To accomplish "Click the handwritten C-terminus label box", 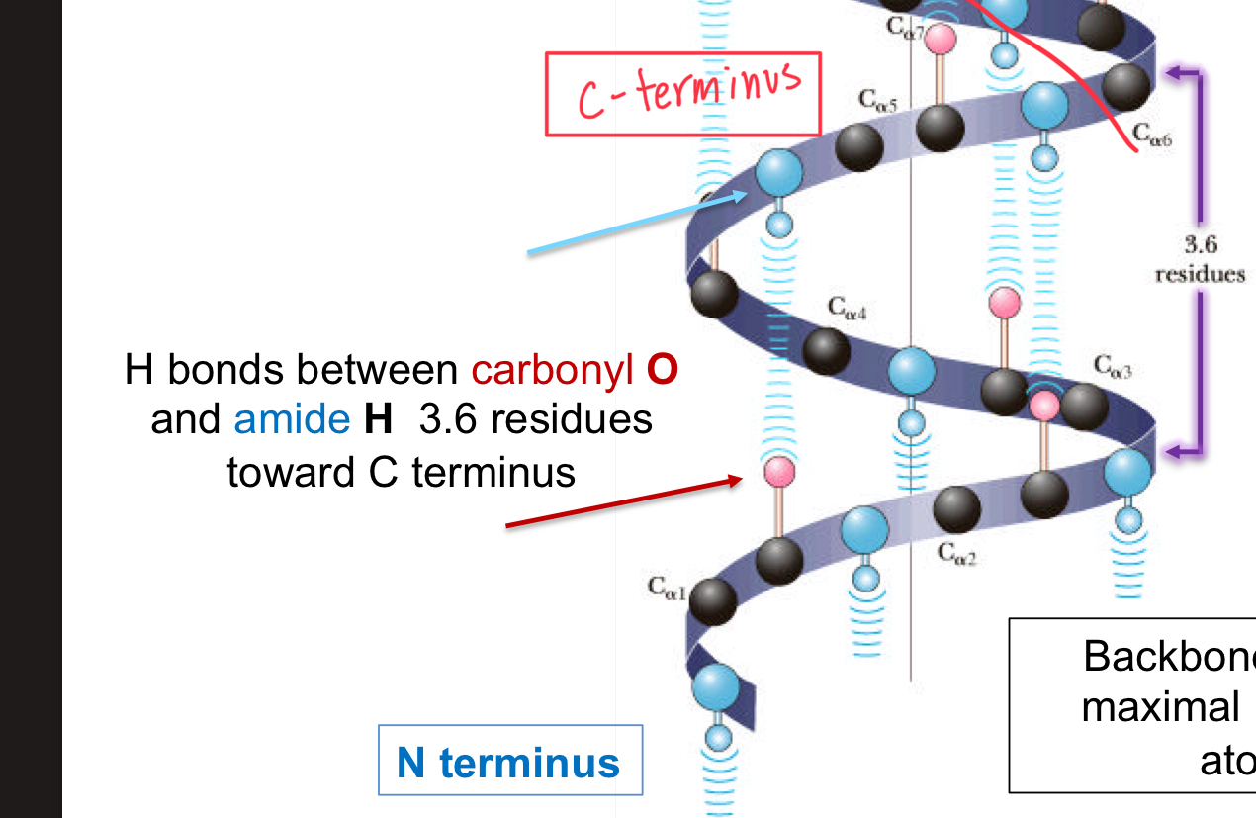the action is pos(683,94).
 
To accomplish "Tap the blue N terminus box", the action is pos(509,761).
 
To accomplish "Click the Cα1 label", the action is pos(667,587).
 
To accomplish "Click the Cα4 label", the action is pos(848,311).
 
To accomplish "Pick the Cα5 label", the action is pos(877,99).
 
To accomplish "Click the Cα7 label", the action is pos(904,28).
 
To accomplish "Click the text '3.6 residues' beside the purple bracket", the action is pos(1200,259).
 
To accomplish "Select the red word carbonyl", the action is pos(553,370).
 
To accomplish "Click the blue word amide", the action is pos(291,419).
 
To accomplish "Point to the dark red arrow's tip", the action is pos(740,479).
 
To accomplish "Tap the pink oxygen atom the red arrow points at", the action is pos(779,471).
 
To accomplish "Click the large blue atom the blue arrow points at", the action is pos(779,172).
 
